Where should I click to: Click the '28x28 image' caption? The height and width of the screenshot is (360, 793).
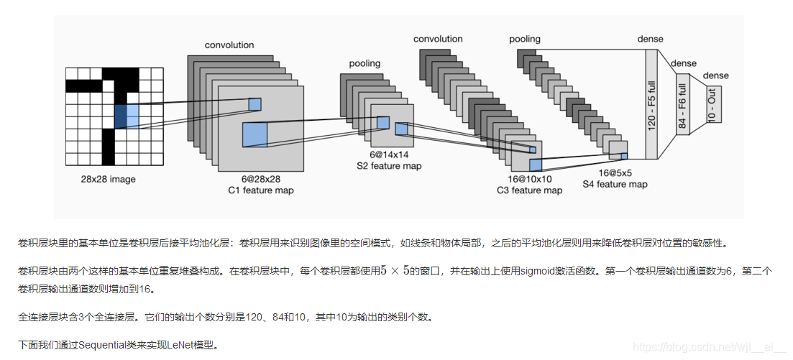tap(109, 179)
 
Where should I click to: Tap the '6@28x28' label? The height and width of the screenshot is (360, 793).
tap(260, 179)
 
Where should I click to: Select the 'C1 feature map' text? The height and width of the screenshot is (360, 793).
tap(260, 190)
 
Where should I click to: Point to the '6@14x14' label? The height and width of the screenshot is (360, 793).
tap(389, 154)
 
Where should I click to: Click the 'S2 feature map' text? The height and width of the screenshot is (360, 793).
tap(389, 166)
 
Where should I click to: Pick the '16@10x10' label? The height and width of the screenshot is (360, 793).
tap(529, 179)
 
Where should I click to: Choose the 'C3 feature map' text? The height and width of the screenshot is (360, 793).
tap(529, 190)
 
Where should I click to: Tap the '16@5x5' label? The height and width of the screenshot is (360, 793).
tap(615, 172)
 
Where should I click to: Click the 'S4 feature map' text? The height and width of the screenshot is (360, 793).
tap(615, 184)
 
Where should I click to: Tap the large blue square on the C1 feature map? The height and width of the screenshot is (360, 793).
tap(255, 134)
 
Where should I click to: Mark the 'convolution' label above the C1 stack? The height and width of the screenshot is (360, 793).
tap(229, 45)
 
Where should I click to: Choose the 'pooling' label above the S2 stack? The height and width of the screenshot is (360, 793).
tap(365, 63)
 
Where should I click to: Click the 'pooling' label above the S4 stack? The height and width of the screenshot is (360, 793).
tap(525, 39)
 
